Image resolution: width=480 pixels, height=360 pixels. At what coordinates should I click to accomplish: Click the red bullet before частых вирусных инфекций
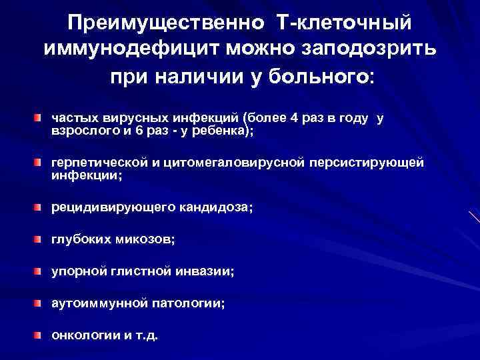coord(40,118)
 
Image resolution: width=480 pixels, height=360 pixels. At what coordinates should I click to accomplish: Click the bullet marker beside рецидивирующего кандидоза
coord(40,208)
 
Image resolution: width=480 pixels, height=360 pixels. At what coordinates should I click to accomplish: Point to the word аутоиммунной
coord(99,303)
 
